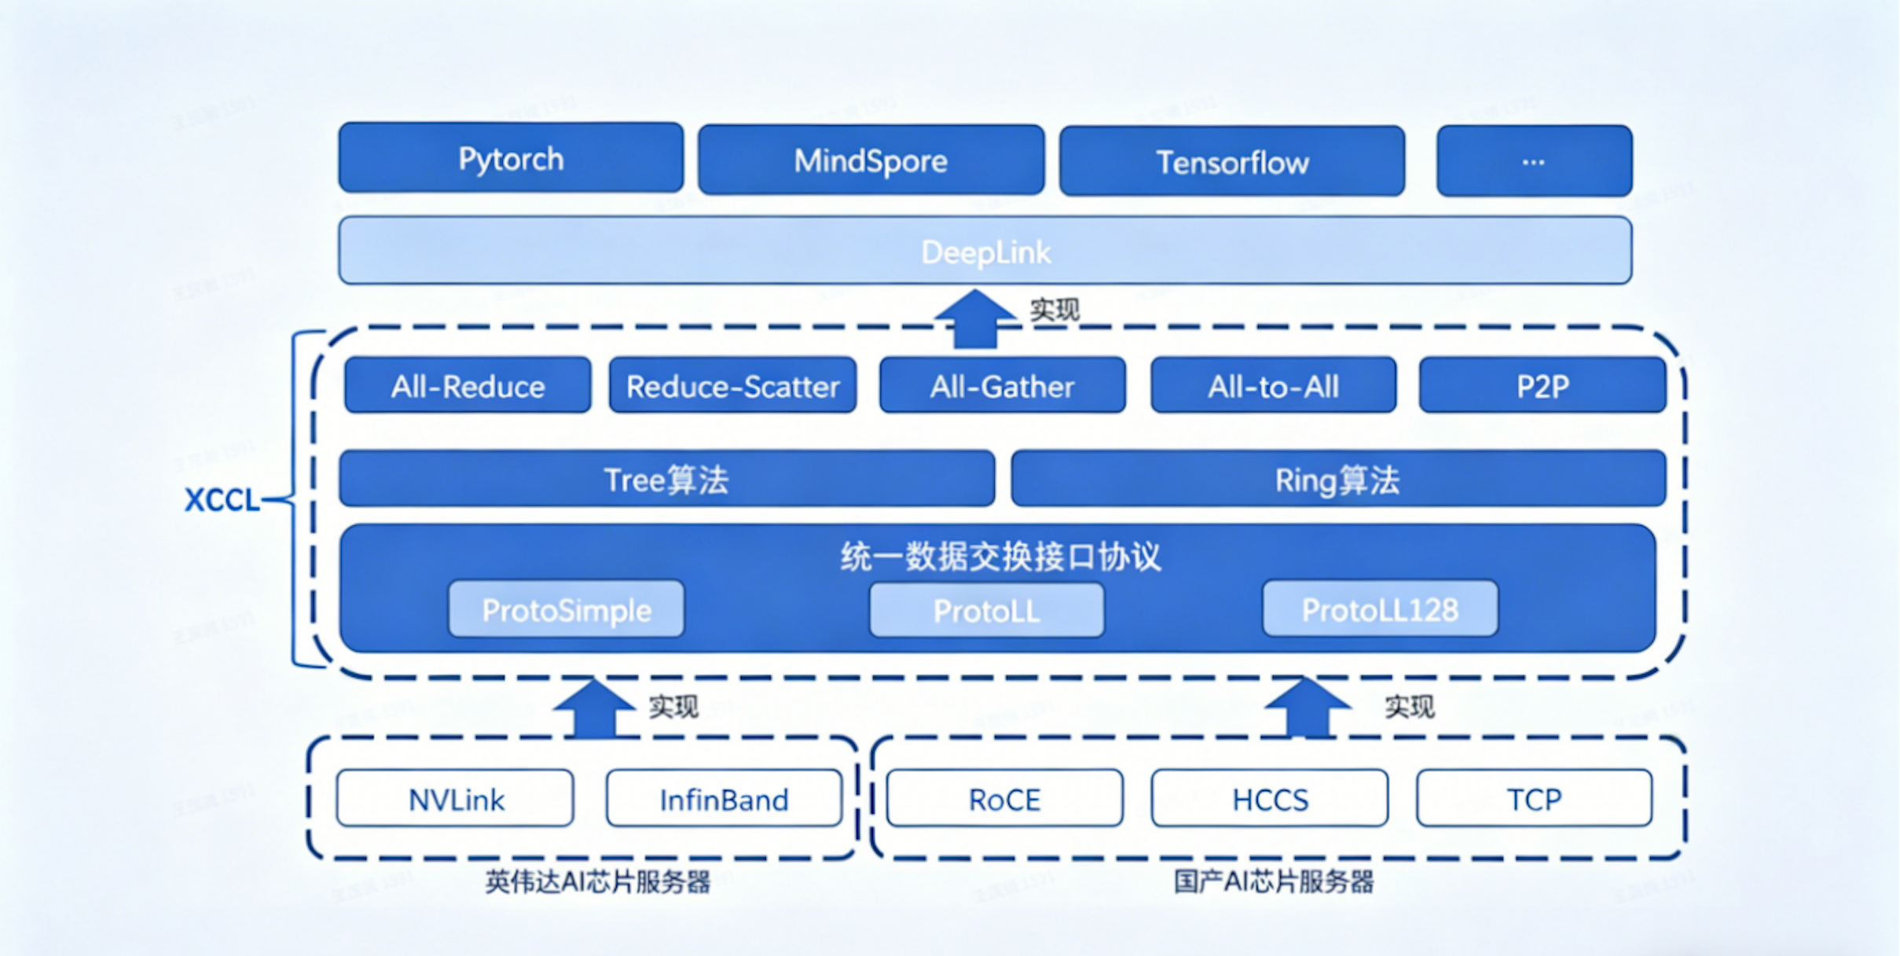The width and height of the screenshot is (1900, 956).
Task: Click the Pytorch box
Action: pyautogui.click(x=511, y=158)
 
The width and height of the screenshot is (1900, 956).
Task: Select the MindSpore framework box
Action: pyautogui.click(x=871, y=160)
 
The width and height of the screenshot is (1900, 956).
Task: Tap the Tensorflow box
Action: pyautogui.click(x=1231, y=162)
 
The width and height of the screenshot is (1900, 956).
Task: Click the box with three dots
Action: pyautogui.click(x=1533, y=161)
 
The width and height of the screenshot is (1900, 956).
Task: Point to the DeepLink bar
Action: pyautogui.click(x=985, y=252)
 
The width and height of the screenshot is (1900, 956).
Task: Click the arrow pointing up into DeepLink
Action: pyautogui.click(x=974, y=318)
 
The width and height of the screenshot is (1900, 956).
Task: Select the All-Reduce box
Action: pyautogui.click(x=468, y=386)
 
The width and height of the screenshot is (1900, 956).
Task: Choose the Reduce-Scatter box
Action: pyautogui.click(x=732, y=386)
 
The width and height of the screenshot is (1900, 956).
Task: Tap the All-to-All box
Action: pyautogui.click(x=1273, y=386)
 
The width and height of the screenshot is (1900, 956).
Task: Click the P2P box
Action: pyautogui.click(x=1542, y=386)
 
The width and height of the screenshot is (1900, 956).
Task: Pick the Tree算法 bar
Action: pyautogui.click(x=666, y=480)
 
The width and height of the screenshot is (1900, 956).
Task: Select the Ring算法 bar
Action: pyautogui.click(x=1337, y=480)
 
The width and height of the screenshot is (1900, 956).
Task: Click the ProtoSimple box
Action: pyautogui.click(x=566, y=610)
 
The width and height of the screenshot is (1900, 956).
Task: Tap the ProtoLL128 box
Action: pyautogui.click(x=1380, y=610)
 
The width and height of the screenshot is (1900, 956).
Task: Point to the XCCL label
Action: pyautogui.click(x=222, y=500)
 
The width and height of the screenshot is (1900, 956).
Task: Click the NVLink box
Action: pyautogui.click(x=456, y=800)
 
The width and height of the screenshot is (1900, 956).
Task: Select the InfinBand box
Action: pyautogui.click(x=724, y=800)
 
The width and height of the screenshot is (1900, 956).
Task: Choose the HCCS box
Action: pyautogui.click(x=1270, y=800)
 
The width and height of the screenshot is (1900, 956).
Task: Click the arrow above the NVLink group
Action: pyautogui.click(x=594, y=708)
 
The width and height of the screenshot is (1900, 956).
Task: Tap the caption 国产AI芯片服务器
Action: pyautogui.click(x=1274, y=882)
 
